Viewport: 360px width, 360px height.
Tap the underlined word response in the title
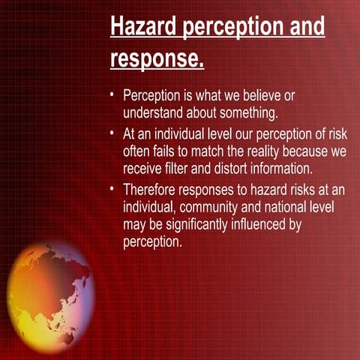[156, 58]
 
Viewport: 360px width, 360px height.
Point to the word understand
[154, 113]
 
